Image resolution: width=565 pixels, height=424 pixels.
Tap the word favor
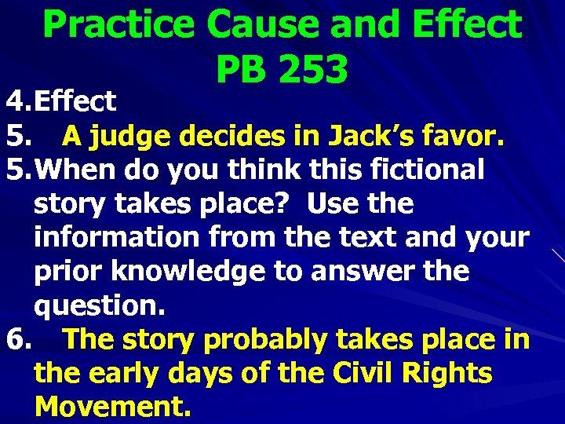(x=468, y=136)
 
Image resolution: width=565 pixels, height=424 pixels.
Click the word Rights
(x=448, y=374)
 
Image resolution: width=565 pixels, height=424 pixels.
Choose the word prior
(x=69, y=272)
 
